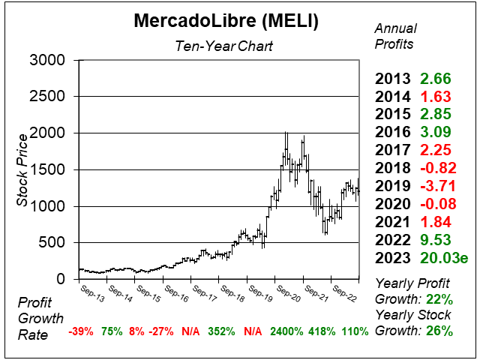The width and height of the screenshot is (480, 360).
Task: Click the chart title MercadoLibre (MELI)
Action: pos(226,21)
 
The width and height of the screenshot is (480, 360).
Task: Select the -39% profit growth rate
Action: pos(80,331)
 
